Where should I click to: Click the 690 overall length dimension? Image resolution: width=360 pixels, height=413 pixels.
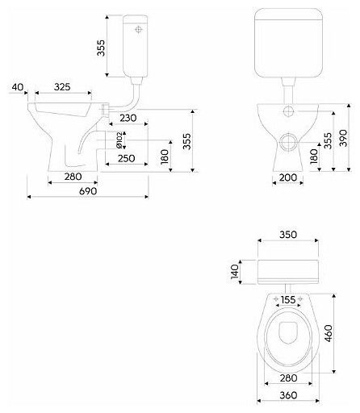tap(88, 191)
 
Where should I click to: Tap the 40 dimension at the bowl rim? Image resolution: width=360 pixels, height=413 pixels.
tap(18, 87)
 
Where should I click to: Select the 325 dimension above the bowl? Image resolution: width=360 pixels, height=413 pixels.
tap(62, 87)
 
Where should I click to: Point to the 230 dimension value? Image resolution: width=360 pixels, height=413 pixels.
tap(128, 118)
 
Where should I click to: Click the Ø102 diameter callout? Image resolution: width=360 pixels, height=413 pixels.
tap(119, 140)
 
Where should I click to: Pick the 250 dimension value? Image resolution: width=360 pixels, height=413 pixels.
tap(127, 158)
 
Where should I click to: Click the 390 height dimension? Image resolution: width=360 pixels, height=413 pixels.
tap(343, 138)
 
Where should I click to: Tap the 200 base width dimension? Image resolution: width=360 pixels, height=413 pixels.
tap(288, 177)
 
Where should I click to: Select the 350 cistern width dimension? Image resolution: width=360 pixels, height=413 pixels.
tap(288, 235)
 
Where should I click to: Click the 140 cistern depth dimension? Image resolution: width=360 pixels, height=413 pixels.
tap(235, 272)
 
